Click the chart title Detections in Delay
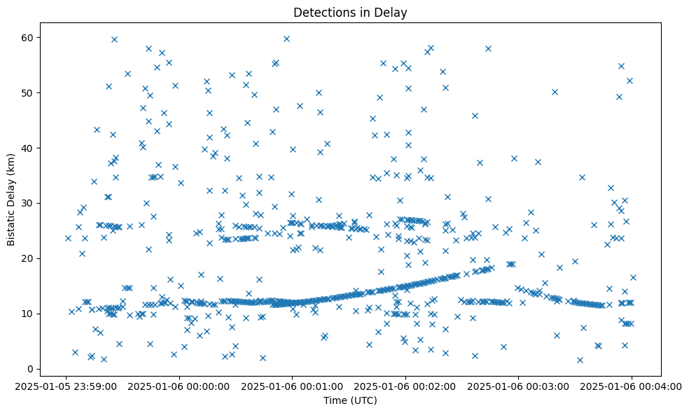350,13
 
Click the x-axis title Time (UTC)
350,400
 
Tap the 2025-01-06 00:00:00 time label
180,386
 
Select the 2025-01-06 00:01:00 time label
293,386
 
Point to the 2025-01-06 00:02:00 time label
405,386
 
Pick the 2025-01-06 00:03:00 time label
518,386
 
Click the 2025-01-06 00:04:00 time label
631,386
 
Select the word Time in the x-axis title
334,400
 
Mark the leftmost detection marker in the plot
68,238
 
